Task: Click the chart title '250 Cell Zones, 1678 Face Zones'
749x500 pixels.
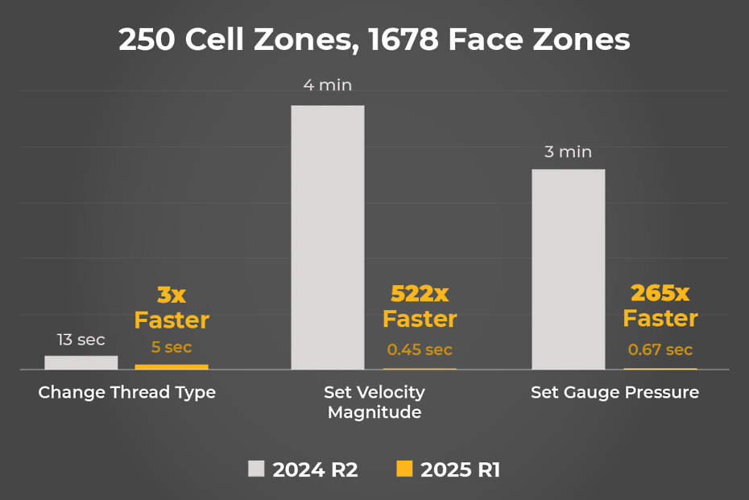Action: point(374,39)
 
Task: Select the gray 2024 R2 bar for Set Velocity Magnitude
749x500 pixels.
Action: point(327,237)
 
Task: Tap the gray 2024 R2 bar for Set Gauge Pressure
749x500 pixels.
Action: point(568,269)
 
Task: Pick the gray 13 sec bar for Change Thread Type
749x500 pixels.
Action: point(81,362)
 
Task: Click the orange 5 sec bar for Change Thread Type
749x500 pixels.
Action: point(171,366)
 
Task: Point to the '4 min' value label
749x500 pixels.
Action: point(327,85)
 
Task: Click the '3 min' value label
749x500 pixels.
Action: point(568,151)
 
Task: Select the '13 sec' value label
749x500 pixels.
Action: point(81,340)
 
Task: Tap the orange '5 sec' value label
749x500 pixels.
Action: point(172,348)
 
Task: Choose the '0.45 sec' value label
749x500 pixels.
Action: point(420,349)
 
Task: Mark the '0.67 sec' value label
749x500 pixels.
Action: point(660,349)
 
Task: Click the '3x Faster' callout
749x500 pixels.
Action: point(172,308)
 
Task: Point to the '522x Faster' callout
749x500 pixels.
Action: point(420,306)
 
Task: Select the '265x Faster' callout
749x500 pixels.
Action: point(660,305)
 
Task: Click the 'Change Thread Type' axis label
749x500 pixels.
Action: point(127,393)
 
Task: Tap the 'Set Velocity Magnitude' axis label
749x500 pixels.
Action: point(374,403)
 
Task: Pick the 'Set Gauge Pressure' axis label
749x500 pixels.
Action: point(615,393)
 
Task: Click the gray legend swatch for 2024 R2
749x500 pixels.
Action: point(256,469)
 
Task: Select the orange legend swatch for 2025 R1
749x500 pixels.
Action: point(404,469)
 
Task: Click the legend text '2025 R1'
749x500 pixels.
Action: point(460,470)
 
